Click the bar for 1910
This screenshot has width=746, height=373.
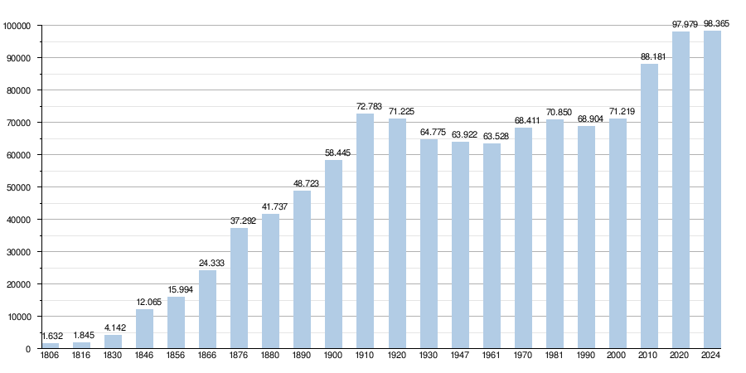pos(366,230)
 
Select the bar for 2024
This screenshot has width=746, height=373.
pos(712,189)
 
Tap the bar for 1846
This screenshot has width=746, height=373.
pos(144,329)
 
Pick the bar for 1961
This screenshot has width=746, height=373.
pos(492,246)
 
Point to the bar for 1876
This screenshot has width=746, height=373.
pos(239,288)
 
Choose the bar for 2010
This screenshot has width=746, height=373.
pos(649,206)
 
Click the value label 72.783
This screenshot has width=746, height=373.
pos(369,106)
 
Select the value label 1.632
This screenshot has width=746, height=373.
pos(52,337)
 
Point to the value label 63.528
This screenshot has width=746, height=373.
pos(496,136)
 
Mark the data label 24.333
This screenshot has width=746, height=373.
pos(211,263)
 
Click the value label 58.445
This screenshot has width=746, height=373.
pos(337,153)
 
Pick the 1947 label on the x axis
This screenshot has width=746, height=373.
pos(460,355)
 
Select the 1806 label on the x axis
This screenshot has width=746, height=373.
pos(50,355)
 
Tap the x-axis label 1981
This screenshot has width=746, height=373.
pos(555,355)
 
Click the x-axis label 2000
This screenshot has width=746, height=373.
pos(618,355)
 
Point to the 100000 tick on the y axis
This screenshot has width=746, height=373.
pos(17,26)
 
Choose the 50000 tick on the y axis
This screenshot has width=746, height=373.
pos(18,187)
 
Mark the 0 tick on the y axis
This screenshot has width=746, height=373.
pos(28,349)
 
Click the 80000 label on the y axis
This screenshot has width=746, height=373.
pos(18,90)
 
